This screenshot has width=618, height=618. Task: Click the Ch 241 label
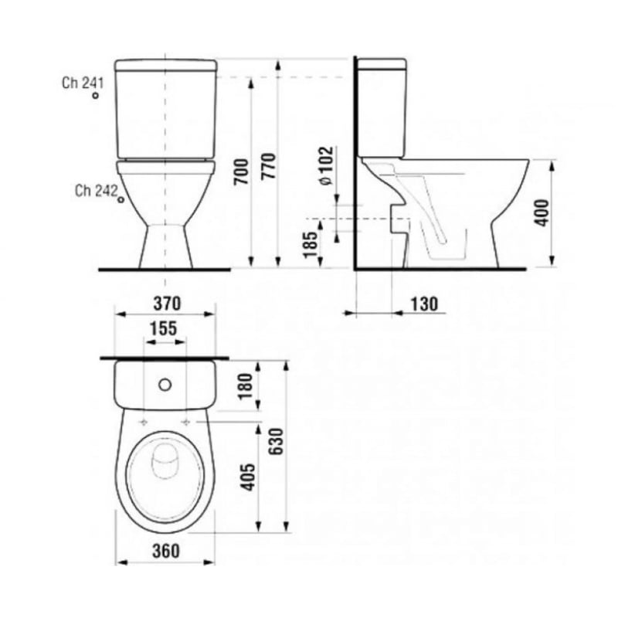click(x=83, y=83)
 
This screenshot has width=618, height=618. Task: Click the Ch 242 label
click(x=96, y=191)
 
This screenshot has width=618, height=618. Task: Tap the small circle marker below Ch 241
click(x=95, y=95)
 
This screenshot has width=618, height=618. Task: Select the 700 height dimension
click(x=241, y=171)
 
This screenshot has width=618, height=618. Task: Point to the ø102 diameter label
click(x=326, y=166)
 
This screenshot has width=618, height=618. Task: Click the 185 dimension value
click(x=311, y=245)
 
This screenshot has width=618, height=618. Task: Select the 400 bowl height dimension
click(x=542, y=213)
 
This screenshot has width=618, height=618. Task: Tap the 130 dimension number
click(x=424, y=304)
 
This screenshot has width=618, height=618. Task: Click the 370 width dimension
click(x=167, y=304)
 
